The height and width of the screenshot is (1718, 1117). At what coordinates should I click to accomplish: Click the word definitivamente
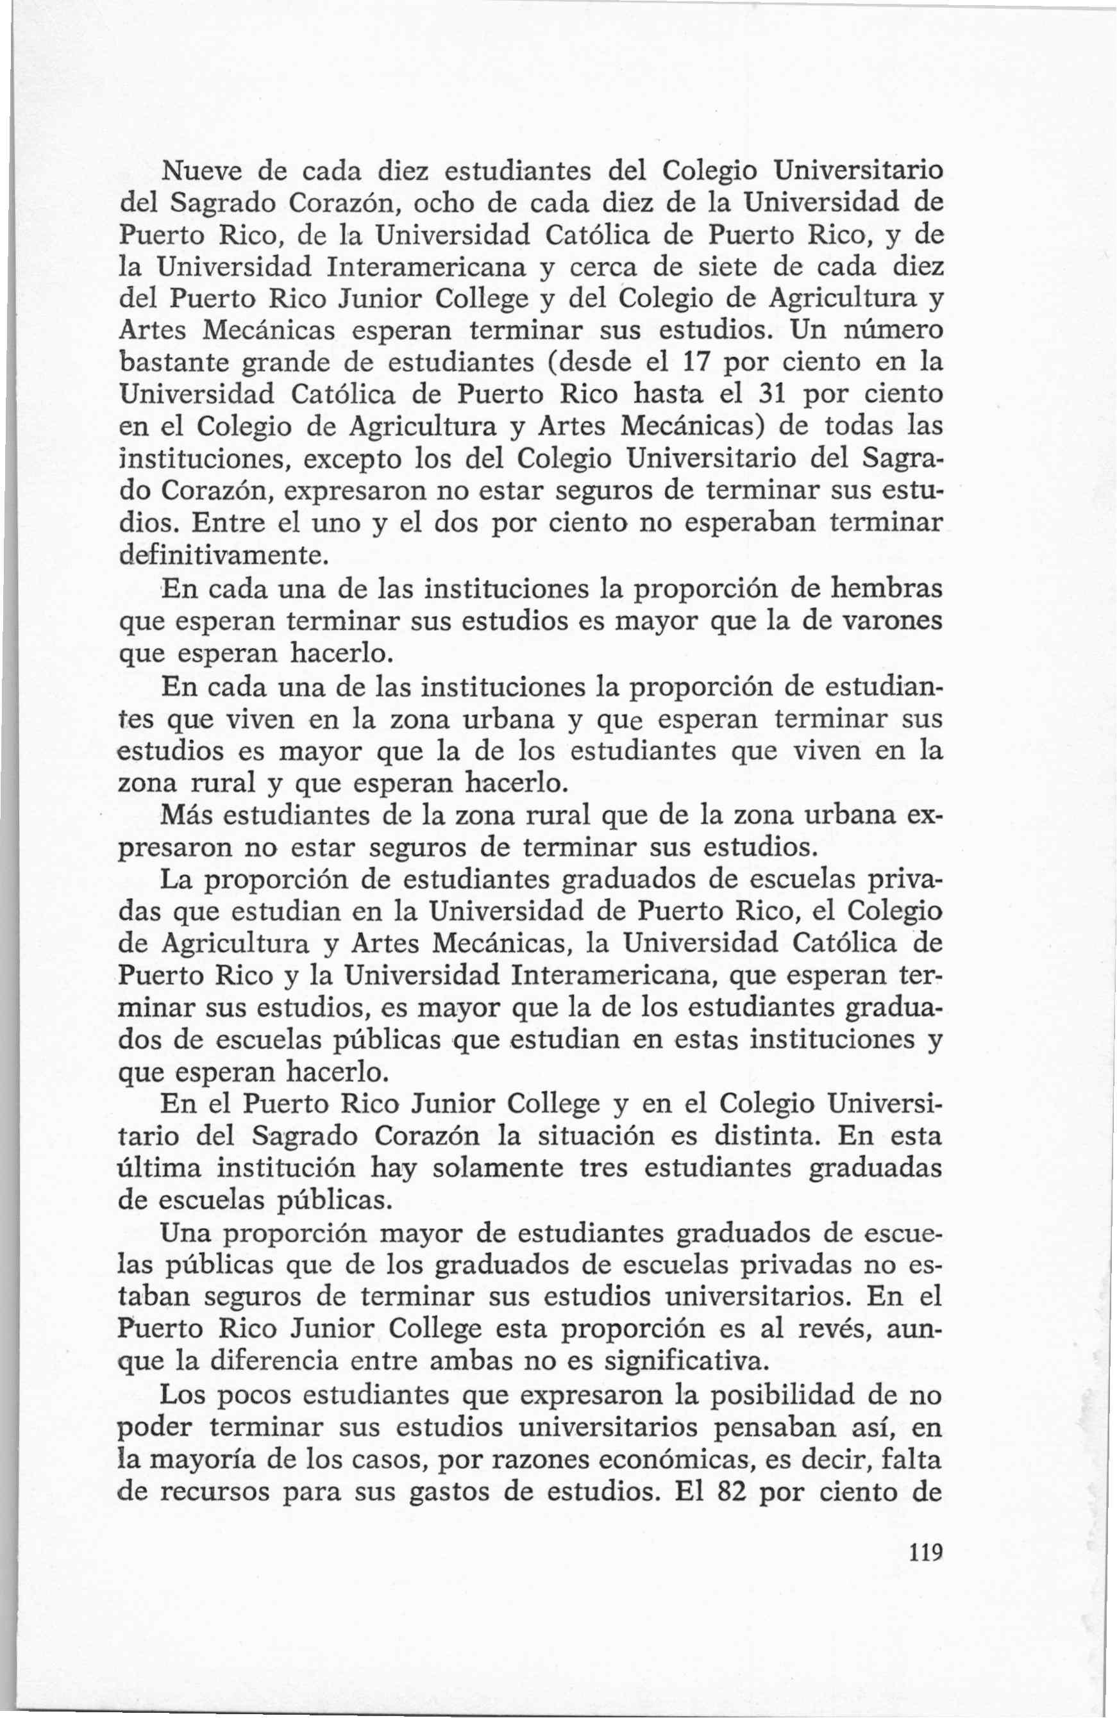click(224, 555)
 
